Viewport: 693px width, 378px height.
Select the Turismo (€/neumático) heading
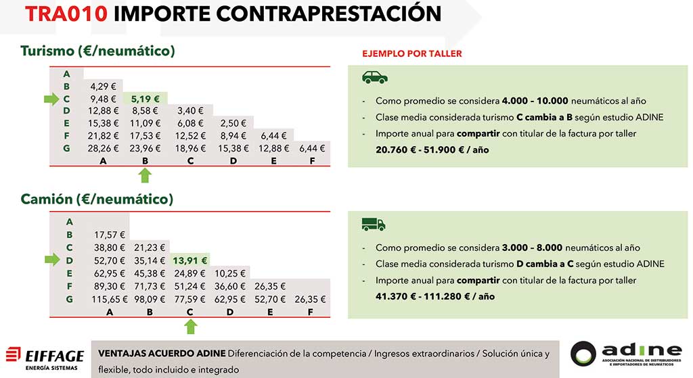coord(97,51)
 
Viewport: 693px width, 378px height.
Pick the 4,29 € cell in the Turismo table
coord(104,87)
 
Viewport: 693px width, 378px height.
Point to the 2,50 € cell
coord(233,123)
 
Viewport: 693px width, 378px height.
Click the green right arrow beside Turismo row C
coord(51,99)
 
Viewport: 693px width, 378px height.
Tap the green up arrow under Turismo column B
coord(145,176)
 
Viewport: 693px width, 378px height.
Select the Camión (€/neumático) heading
coord(96,199)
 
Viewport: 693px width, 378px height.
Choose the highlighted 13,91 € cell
coord(189,260)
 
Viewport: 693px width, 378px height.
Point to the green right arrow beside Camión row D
coord(51,260)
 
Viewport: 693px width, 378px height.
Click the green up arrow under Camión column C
coord(191,327)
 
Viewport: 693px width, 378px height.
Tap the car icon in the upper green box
coord(375,77)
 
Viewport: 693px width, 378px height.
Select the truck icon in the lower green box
coord(374,225)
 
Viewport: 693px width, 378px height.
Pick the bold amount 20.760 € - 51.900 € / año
coord(432,149)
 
